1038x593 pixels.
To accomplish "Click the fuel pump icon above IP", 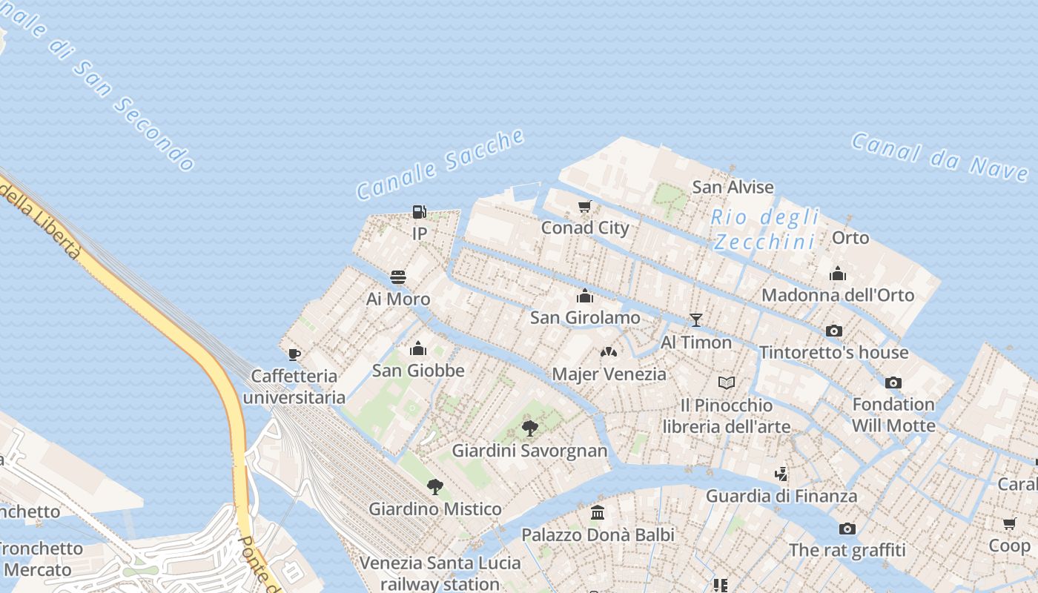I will click(x=420, y=212).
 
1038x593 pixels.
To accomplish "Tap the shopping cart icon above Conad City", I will click(x=585, y=206).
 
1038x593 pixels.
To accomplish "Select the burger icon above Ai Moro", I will click(x=398, y=277).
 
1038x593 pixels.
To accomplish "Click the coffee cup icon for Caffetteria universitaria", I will click(x=294, y=354).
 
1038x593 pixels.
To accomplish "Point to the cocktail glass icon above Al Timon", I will click(x=695, y=320).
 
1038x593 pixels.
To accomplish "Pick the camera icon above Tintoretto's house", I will click(x=834, y=331).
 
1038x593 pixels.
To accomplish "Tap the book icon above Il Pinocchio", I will click(x=727, y=383).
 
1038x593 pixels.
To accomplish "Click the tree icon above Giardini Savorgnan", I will click(x=529, y=428).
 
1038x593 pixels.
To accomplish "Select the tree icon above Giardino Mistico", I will click(x=435, y=487).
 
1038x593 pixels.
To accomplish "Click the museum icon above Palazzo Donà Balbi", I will click(x=598, y=513).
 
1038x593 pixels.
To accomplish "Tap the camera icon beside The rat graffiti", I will click(x=847, y=529).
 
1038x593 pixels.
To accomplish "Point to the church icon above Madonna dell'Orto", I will click(x=838, y=274).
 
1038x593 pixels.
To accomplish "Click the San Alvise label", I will click(x=733, y=187).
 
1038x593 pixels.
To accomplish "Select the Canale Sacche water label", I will click(x=440, y=164).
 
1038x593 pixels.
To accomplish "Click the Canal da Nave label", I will click(x=939, y=156).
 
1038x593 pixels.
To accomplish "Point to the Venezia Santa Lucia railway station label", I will click(x=440, y=573).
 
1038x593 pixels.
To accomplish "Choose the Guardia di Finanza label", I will click(x=781, y=496).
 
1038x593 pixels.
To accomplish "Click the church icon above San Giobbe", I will click(x=418, y=348).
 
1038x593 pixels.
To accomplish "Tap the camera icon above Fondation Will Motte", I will click(x=893, y=382).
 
